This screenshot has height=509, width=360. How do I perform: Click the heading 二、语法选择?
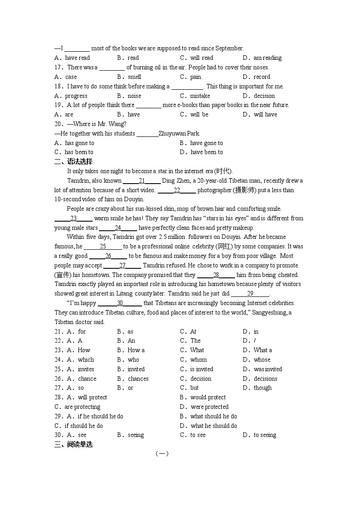coord(73,162)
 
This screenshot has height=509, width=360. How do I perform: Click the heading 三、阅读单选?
coord(73,445)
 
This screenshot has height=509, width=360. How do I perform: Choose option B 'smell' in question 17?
coord(134,77)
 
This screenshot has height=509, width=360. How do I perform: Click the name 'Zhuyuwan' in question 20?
coord(172,134)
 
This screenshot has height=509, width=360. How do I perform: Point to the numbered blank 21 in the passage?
coord(141,181)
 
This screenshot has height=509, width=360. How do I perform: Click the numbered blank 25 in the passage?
coord(103,247)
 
